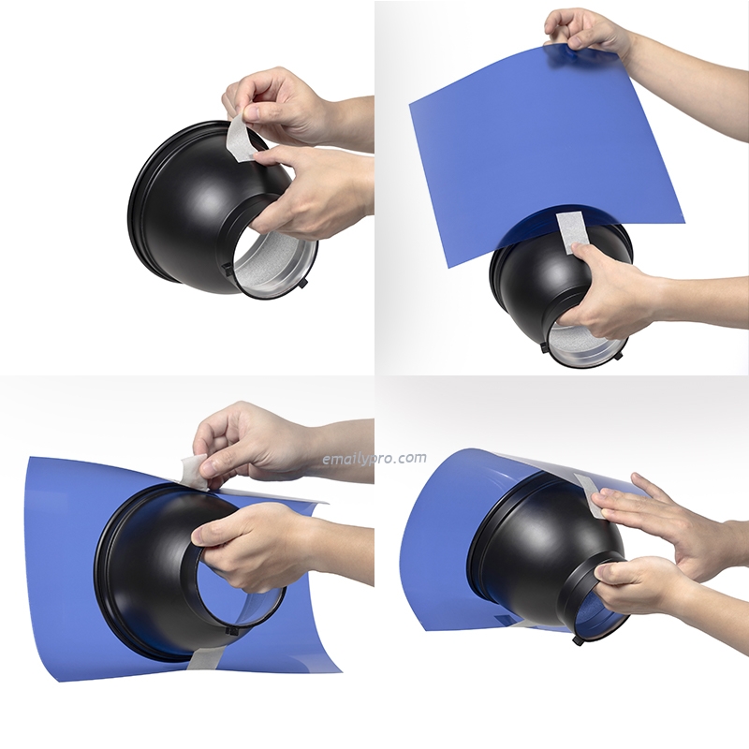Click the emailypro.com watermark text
point(374,459)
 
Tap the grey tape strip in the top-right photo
point(569,232)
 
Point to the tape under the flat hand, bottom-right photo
point(593,495)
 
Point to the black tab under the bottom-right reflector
point(578,640)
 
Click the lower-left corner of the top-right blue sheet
point(447,268)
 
